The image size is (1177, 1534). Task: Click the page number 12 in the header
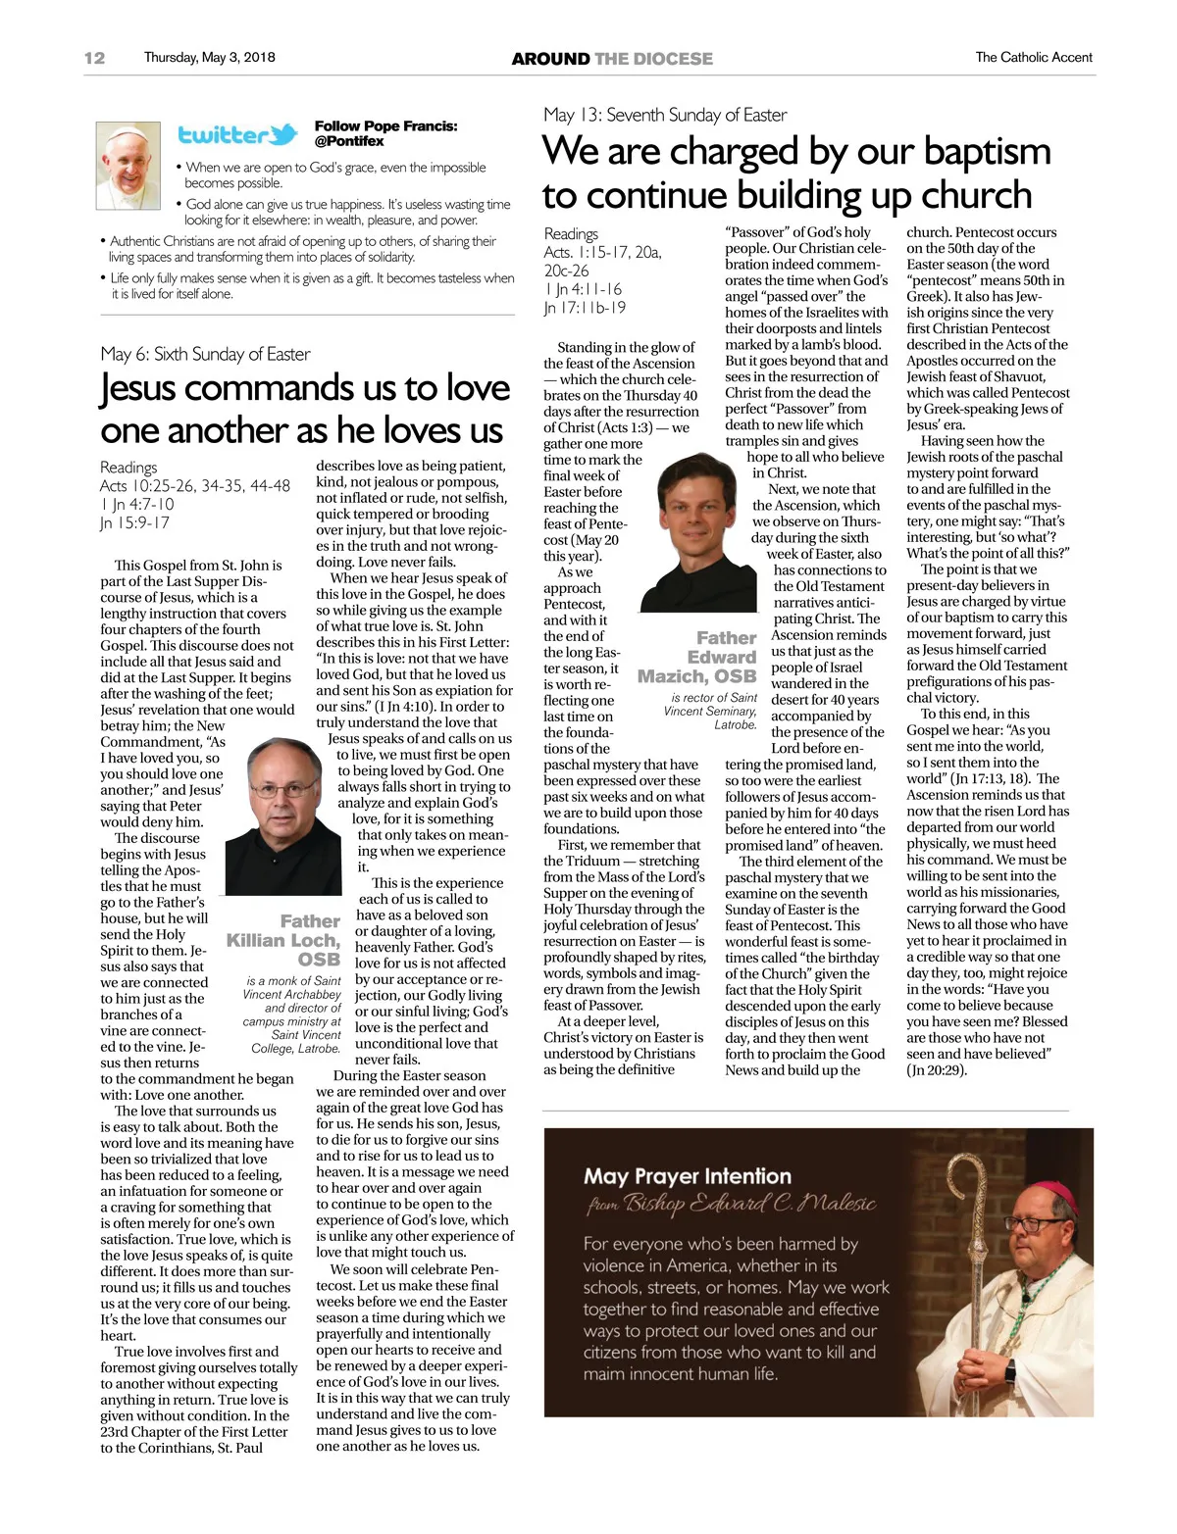94,58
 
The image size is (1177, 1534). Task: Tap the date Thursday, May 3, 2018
209,58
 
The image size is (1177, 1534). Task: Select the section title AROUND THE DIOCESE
612,59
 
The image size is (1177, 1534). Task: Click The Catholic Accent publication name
1033,58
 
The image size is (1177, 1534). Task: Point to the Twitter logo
237,135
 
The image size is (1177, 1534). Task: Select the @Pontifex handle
349,141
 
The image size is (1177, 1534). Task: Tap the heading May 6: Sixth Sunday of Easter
205,354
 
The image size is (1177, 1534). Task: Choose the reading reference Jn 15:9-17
134,522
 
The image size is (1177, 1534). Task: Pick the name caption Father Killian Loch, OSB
285,940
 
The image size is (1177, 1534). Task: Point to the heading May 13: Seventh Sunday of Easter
665,115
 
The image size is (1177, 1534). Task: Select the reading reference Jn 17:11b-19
585,308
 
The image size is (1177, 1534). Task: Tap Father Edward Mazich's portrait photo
698,534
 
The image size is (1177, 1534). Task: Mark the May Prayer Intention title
687,1175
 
